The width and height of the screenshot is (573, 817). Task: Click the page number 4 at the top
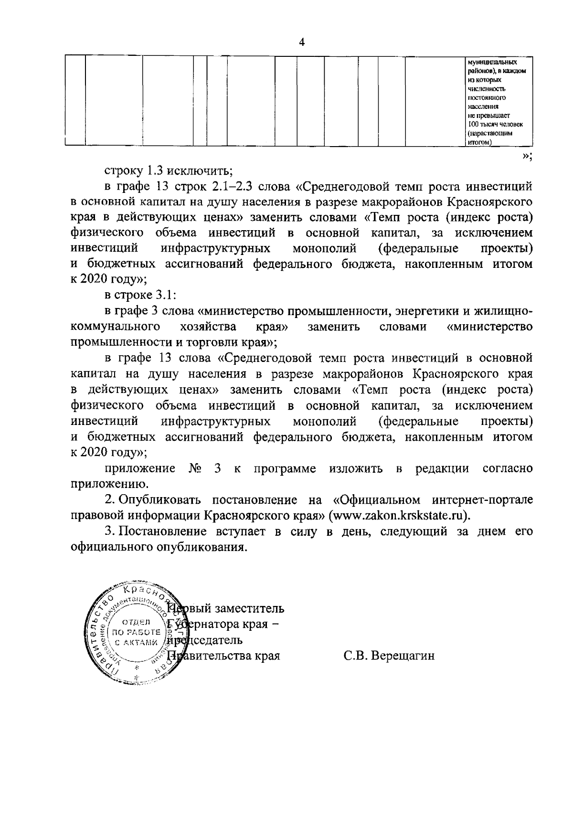click(301, 42)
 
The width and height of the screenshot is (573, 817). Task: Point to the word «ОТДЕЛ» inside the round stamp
click(137, 622)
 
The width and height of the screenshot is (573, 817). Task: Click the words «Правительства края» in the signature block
click(224, 656)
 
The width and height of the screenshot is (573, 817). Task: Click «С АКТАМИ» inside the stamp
click(137, 642)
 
